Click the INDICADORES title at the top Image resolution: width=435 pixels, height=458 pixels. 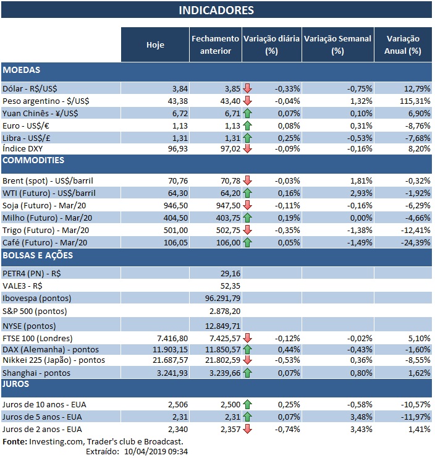click(x=216, y=11)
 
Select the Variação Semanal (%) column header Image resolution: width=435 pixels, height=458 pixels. click(x=337, y=45)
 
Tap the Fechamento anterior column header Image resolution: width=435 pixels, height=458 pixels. click(x=215, y=45)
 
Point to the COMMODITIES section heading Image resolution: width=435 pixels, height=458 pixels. click(x=34, y=160)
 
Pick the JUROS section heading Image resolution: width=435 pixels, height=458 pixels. click(x=17, y=384)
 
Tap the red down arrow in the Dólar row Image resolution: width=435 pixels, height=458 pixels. click(x=248, y=88)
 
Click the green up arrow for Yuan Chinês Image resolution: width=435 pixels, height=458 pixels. click(x=248, y=112)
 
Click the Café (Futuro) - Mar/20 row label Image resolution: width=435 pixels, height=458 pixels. click(x=45, y=242)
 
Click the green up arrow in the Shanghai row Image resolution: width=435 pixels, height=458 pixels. click(x=248, y=373)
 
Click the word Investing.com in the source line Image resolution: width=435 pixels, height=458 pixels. click(x=57, y=441)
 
